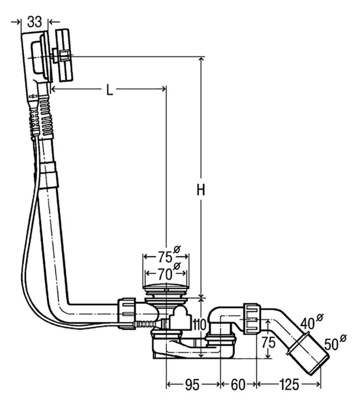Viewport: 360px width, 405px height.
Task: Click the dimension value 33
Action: pyautogui.click(x=34, y=21)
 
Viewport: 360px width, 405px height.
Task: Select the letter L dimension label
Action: pyautogui.click(x=110, y=90)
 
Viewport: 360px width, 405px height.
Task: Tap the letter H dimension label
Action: pyautogui.click(x=201, y=190)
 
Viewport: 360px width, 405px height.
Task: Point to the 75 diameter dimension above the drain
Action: pyautogui.click(x=169, y=255)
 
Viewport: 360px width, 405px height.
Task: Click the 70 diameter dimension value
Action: pyautogui.click(x=169, y=273)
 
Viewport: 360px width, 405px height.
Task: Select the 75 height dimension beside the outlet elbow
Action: pyautogui.click(x=268, y=343)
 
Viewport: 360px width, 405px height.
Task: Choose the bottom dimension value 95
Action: pyautogui.click(x=192, y=385)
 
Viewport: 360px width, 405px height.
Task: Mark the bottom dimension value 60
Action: pyautogui.click(x=238, y=385)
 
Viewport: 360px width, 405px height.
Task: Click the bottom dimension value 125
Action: pyautogui.click(x=289, y=385)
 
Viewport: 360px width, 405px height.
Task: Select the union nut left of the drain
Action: pyautogui.click(x=127, y=313)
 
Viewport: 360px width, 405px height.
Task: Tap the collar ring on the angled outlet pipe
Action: pyautogui.click(x=298, y=343)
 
